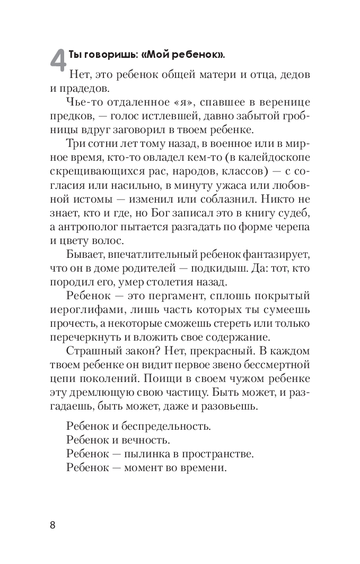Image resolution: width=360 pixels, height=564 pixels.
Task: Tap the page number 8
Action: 52,525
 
